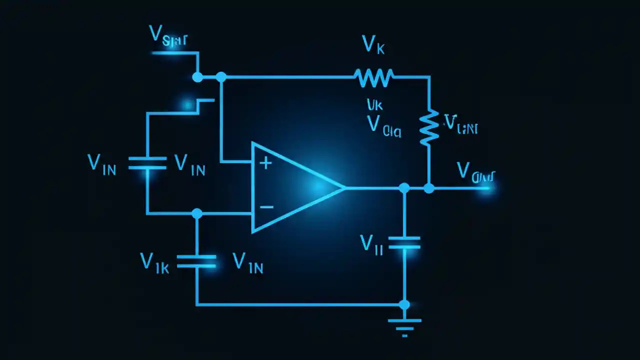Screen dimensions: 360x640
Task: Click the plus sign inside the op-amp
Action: (265, 162)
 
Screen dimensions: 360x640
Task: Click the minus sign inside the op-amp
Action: (266, 206)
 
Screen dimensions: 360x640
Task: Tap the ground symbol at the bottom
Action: (404, 325)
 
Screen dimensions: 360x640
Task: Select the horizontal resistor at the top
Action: (373, 77)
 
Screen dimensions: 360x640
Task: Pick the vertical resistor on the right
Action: (429, 127)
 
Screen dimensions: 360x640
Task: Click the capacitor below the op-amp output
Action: (404, 243)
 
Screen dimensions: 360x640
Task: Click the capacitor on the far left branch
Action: (147, 163)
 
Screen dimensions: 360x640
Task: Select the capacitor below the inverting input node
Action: (197, 261)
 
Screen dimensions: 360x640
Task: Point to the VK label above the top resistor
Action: (373, 45)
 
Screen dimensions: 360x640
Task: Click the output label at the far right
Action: (475, 172)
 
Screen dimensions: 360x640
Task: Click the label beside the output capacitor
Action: (371, 244)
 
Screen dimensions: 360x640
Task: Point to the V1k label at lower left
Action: (154, 263)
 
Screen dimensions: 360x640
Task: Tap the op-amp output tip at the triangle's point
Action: (344, 188)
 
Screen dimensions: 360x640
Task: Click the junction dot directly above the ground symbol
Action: (404, 304)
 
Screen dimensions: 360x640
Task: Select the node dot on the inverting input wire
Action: (197, 213)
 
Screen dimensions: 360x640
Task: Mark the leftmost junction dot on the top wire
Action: (197, 77)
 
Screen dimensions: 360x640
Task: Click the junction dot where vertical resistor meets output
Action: (429, 188)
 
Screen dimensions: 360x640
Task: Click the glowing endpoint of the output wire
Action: (486, 188)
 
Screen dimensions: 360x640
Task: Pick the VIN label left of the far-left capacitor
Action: (101, 164)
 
